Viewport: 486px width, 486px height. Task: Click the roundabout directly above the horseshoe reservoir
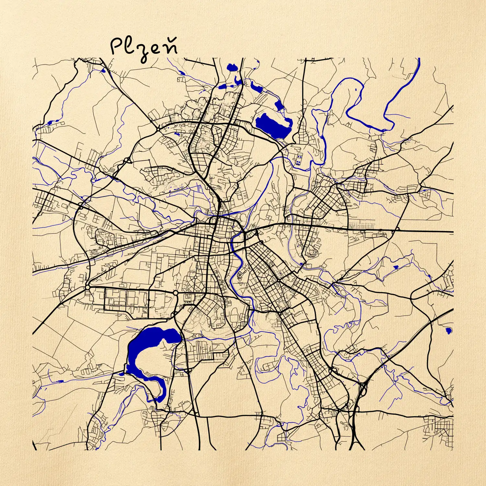tap(176, 293)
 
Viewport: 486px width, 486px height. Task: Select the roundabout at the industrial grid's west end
tap(87, 287)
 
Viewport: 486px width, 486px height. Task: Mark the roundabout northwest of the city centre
tap(158, 129)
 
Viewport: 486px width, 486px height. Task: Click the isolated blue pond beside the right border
tap(448, 330)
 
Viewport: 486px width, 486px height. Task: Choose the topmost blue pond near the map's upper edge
tap(232, 67)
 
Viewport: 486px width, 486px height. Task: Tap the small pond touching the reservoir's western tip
tap(121, 374)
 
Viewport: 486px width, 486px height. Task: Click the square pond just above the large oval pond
tap(278, 105)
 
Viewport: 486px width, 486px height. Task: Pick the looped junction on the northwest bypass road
tap(127, 160)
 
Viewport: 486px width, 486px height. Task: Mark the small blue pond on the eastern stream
tap(396, 267)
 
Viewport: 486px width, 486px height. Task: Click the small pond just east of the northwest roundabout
tap(177, 133)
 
